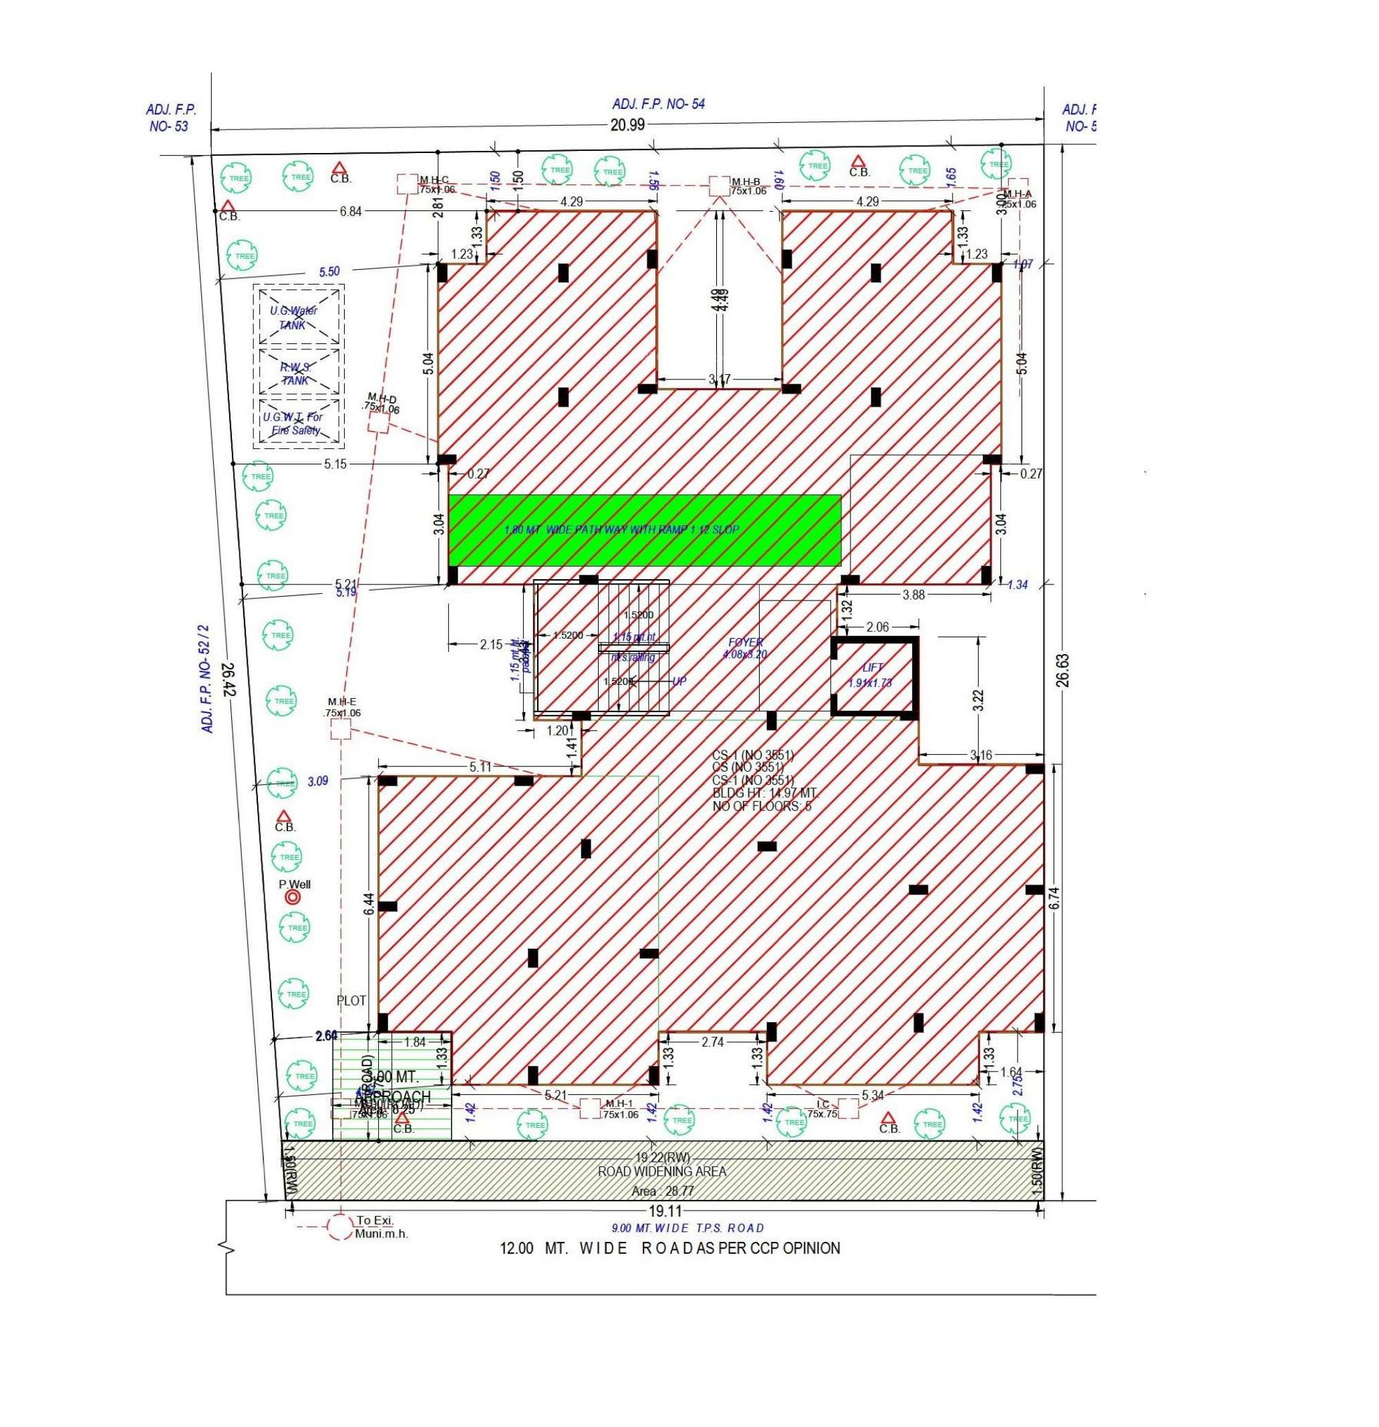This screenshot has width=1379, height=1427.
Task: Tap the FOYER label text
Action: (745, 643)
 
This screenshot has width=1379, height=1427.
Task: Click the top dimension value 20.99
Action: (627, 124)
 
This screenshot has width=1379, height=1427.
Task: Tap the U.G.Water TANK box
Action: (299, 315)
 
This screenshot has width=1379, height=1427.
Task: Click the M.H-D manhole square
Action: (379, 422)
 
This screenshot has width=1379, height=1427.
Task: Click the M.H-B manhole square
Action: (720, 186)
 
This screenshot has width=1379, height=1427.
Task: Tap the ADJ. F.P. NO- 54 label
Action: (658, 104)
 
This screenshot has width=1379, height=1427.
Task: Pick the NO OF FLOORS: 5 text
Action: (762, 806)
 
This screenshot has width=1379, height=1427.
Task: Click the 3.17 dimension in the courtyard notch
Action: (720, 379)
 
